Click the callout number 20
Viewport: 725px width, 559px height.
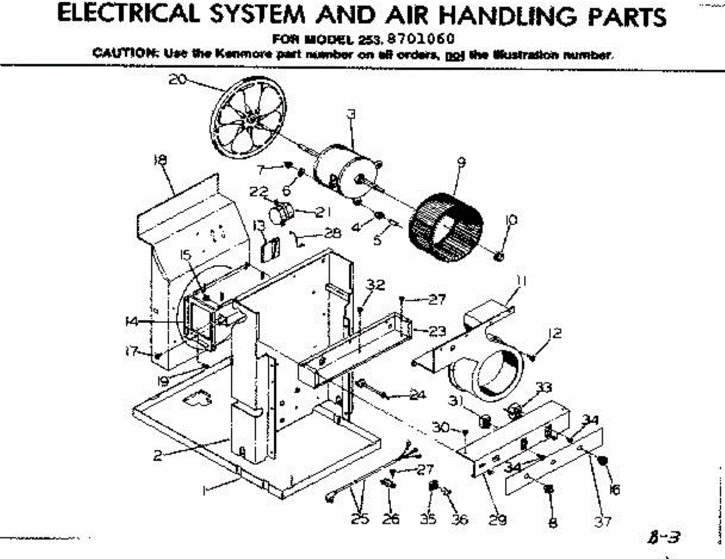point(177,79)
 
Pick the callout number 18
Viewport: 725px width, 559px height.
point(161,160)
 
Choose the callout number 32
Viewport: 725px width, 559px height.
point(376,286)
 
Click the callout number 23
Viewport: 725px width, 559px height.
point(437,331)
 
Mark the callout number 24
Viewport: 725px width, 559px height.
point(417,396)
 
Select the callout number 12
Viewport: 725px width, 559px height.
point(555,333)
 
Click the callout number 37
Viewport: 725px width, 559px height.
point(602,522)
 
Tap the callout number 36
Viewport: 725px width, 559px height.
point(459,519)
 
